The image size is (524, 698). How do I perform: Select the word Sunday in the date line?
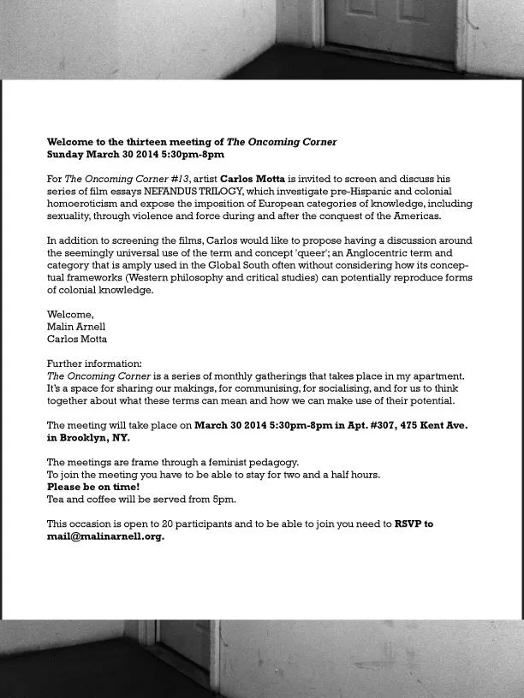click(x=65, y=155)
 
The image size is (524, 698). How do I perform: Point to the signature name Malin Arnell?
click(x=76, y=327)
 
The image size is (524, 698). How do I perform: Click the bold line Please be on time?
click(x=92, y=487)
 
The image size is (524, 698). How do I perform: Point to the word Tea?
click(x=56, y=500)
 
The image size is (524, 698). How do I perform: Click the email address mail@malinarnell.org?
click(x=105, y=537)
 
